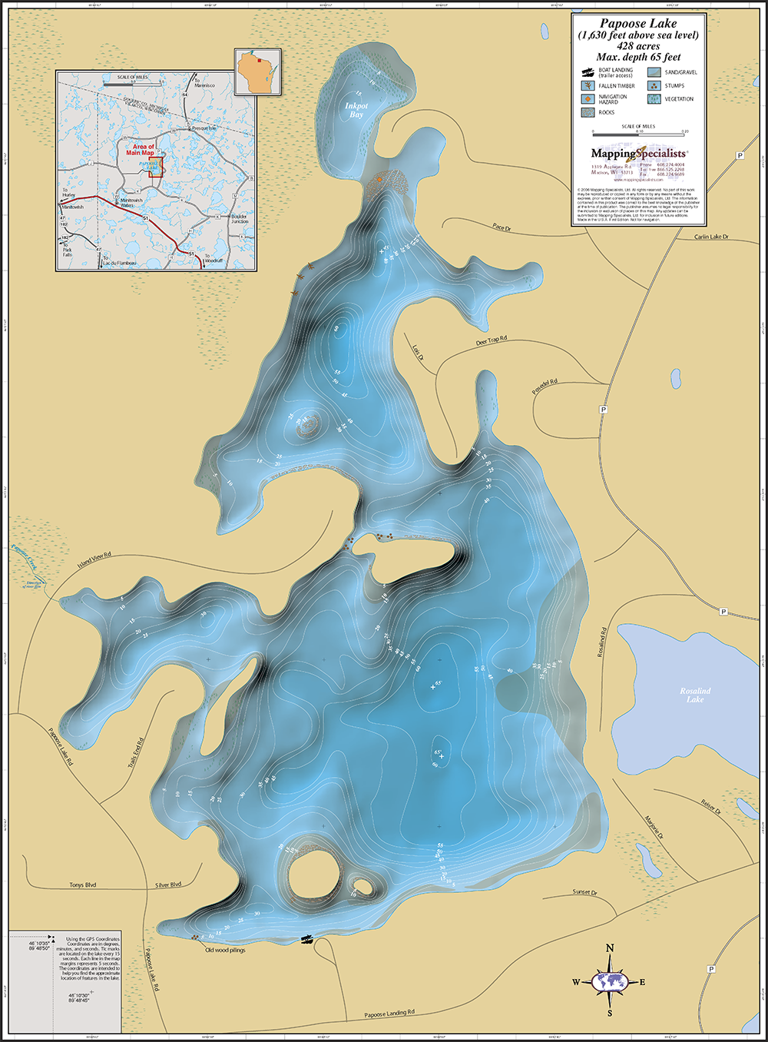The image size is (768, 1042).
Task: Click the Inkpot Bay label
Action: click(356, 110)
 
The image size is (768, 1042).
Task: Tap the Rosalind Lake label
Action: click(695, 695)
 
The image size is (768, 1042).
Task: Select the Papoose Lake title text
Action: click(638, 24)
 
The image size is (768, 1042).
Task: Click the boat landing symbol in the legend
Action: click(587, 72)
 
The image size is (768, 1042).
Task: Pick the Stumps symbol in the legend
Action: click(654, 86)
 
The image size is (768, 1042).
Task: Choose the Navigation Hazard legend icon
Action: click(587, 99)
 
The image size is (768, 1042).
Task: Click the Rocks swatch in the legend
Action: click(587, 112)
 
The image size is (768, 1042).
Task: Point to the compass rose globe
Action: click(611, 981)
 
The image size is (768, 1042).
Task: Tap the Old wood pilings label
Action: click(225, 951)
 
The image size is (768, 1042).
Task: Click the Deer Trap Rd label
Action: click(492, 340)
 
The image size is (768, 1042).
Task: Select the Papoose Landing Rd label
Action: click(389, 1014)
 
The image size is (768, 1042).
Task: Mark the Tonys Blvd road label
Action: click(83, 885)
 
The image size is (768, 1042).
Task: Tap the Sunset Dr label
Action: click(584, 892)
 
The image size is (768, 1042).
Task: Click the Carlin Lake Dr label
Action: click(711, 237)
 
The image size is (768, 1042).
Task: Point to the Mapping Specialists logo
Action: click(638, 154)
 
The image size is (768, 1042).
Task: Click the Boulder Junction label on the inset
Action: click(239, 219)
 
